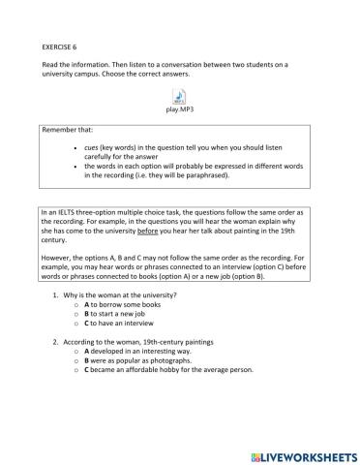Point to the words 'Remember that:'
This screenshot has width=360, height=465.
(70, 130)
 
